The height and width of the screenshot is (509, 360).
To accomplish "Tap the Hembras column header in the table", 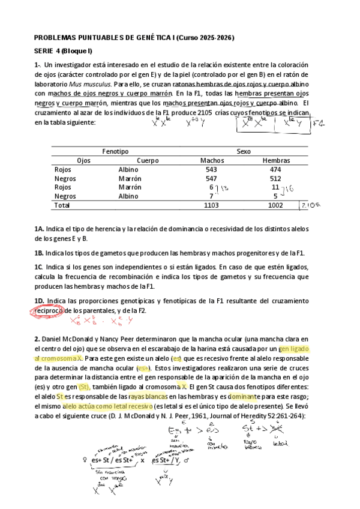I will coord(277,161).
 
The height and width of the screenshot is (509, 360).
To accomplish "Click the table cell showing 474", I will coord(275,170).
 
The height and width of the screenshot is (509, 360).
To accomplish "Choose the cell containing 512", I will coord(275,179).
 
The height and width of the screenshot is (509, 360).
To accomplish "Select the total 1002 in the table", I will coord(275,205).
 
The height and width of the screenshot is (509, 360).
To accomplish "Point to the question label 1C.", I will coord(40,267).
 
